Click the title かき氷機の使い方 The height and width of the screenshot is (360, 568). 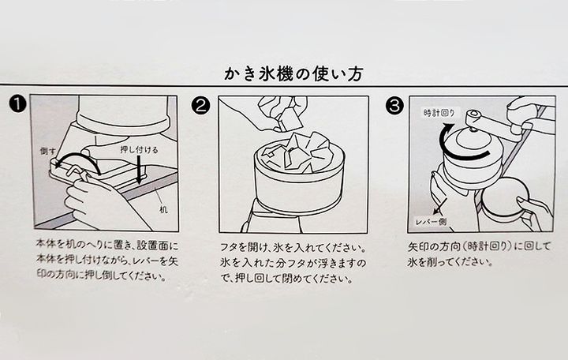[293, 73]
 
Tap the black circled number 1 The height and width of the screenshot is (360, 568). [17, 104]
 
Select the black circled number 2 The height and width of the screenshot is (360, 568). [201, 106]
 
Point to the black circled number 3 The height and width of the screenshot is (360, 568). [394, 106]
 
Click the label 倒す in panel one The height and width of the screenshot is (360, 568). [48, 151]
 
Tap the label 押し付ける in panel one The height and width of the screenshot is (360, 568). [139, 149]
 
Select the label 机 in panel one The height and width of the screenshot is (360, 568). [163, 209]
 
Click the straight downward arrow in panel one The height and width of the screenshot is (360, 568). [139, 170]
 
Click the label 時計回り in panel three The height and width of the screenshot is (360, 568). [439, 113]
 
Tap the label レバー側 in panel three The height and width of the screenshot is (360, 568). [431, 222]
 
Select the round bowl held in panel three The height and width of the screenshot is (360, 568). [505, 197]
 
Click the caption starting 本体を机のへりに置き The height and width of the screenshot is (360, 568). [107, 261]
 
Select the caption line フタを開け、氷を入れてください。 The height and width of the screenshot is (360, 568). [292, 247]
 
